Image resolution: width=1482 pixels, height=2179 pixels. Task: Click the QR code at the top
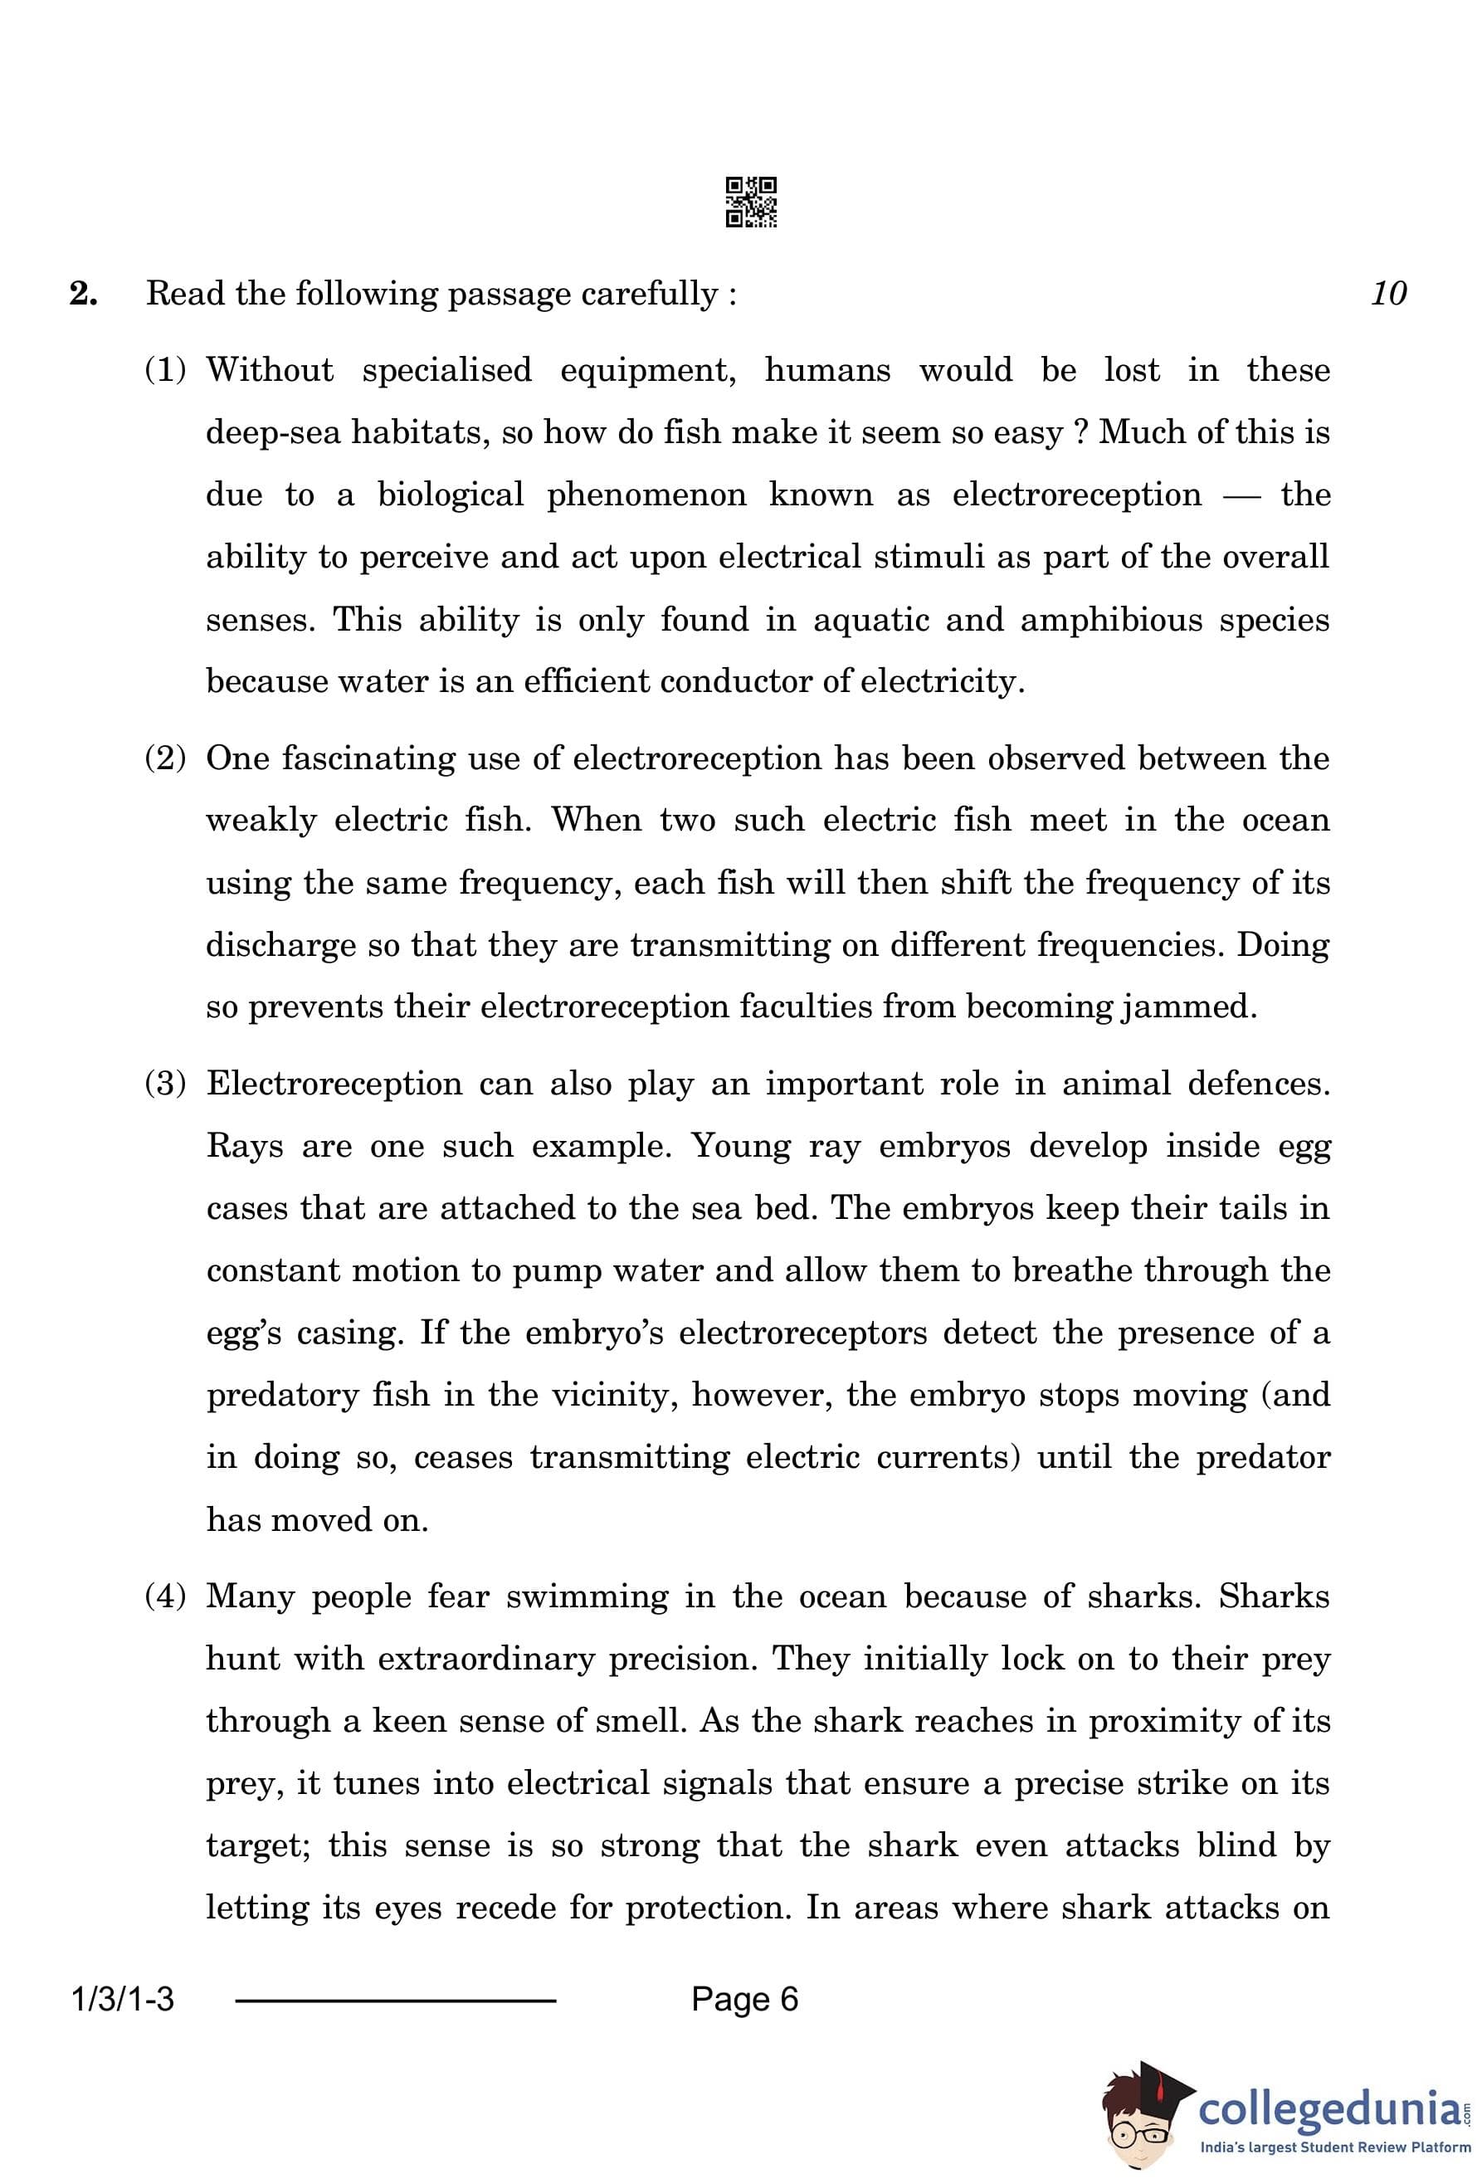[751, 202]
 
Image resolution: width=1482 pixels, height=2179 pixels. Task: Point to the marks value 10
[1388, 294]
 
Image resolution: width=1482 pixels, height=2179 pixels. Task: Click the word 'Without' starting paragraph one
[269, 369]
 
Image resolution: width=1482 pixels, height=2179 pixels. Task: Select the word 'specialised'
[446, 371]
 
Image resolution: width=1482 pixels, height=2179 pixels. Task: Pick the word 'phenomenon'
[646, 496]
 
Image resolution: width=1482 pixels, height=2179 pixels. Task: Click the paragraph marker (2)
[166, 758]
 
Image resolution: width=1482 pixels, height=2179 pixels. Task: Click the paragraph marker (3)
[166, 1084]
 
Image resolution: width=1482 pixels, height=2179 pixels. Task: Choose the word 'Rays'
[244, 1147]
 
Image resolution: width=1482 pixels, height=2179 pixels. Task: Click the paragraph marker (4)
[166, 1596]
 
